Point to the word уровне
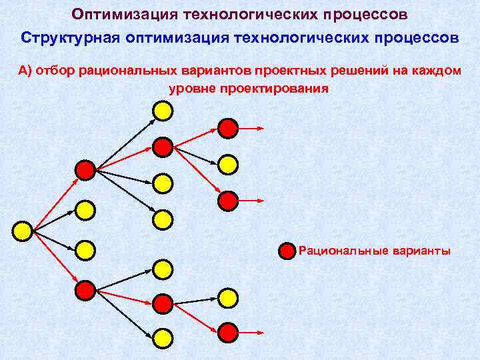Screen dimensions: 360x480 [x=193, y=87]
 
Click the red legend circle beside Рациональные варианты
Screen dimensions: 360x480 [x=286, y=251]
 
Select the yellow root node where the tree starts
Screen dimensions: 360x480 [x=23, y=231]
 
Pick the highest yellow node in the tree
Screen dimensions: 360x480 [x=163, y=110]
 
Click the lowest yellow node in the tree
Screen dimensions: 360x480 [x=163, y=338]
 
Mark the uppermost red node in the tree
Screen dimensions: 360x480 [x=228, y=127]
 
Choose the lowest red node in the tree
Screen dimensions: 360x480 [x=228, y=331]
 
